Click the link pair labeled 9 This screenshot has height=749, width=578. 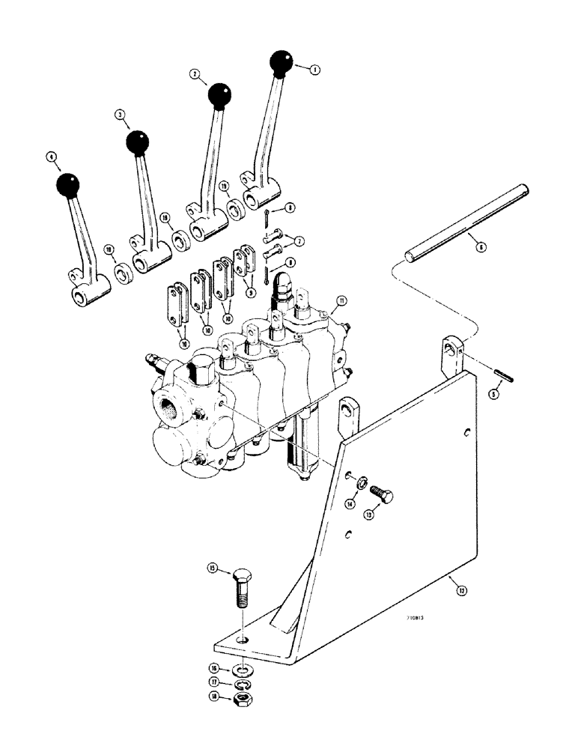point(244,260)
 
